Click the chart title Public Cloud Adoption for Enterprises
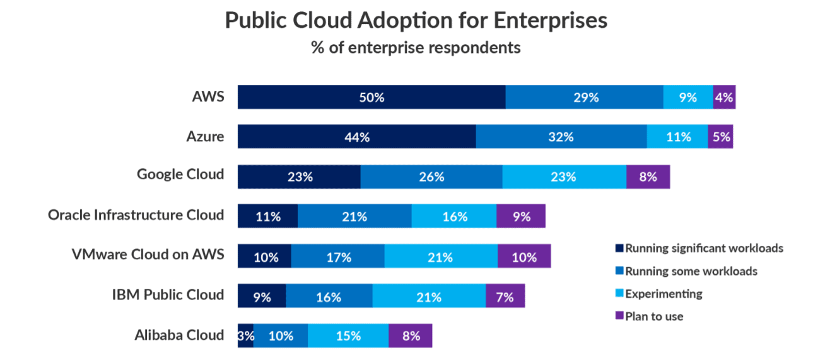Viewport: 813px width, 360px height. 416,20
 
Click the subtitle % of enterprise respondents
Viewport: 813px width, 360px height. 416,47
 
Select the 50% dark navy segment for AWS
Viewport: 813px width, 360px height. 371,98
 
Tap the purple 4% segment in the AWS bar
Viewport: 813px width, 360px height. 723,98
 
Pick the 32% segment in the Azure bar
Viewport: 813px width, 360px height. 561,137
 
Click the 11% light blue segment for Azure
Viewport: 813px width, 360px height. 677,137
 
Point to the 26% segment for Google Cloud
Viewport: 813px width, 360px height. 431,177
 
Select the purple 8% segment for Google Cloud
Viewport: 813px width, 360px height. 647,177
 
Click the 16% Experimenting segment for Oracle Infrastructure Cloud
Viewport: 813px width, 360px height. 453,216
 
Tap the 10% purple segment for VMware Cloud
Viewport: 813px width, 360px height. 523,257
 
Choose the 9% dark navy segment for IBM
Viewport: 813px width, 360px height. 261,296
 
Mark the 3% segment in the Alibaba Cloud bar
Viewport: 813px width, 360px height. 245,335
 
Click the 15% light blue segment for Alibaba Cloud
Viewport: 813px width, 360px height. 348,335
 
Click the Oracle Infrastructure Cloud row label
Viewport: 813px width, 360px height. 136,215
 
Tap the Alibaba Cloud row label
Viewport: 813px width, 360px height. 179,335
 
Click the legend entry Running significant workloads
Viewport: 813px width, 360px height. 704,248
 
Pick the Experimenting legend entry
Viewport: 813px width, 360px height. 664,293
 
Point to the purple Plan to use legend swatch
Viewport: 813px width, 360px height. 619,316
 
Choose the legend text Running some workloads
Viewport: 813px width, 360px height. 691,271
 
